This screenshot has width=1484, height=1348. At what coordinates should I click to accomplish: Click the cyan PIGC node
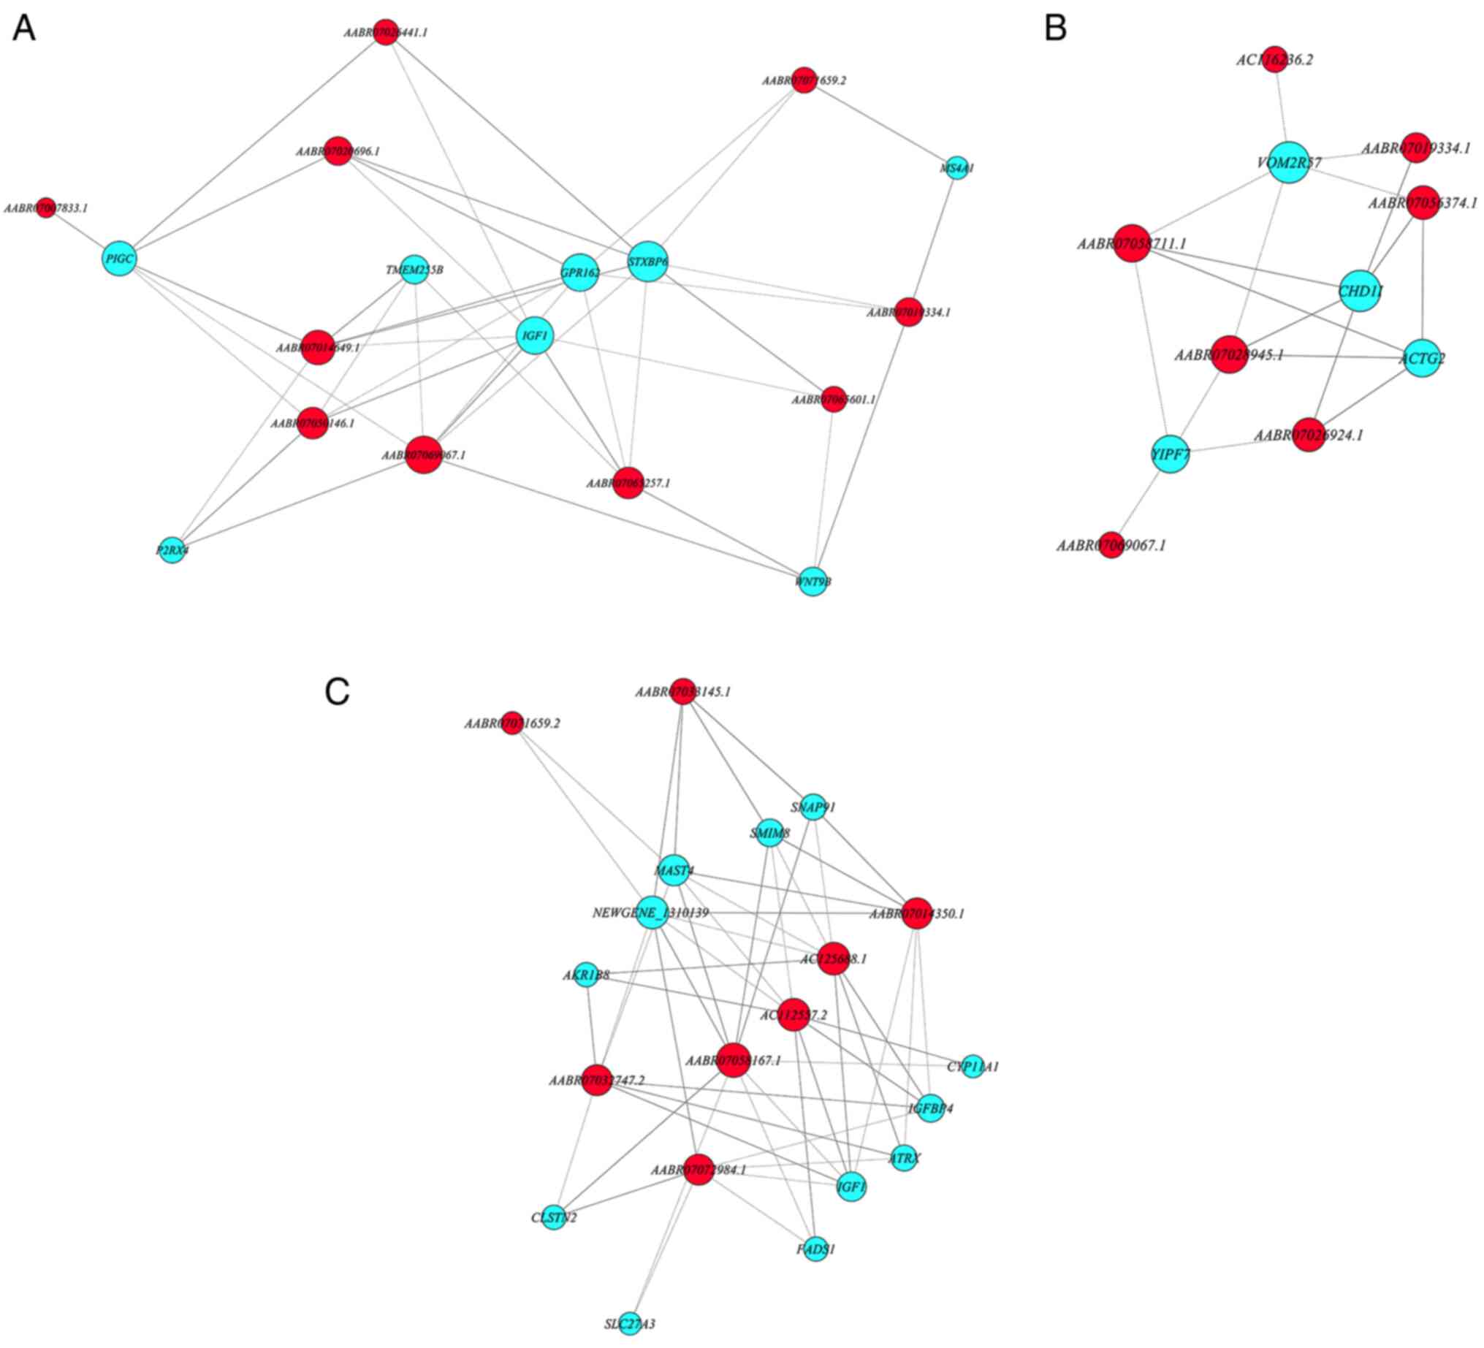pyautogui.click(x=119, y=259)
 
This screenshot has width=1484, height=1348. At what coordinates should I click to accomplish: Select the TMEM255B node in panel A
pyautogui.click(x=414, y=270)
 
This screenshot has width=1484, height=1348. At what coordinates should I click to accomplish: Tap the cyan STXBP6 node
pyautogui.click(x=648, y=262)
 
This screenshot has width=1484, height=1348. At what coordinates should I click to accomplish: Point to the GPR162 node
pyautogui.click(x=580, y=273)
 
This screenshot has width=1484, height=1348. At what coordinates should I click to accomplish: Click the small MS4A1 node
pyautogui.click(x=956, y=168)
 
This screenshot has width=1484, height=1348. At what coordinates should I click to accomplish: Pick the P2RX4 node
pyautogui.click(x=172, y=549)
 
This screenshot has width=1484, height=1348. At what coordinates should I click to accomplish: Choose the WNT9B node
pyautogui.click(x=813, y=582)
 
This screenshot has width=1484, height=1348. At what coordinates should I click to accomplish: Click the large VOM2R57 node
pyautogui.click(x=1289, y=162)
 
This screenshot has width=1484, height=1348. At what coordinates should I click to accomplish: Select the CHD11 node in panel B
pyautogui.click(x=1360, y=292)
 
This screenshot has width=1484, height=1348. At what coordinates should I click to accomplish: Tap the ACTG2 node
pyautogui.click(x=1422, y=359)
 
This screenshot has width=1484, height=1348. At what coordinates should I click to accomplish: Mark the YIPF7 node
pyautogui.click(x=1171, y=454)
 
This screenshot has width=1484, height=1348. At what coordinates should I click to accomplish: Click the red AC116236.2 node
pyautogui.click(x=1274, y=60)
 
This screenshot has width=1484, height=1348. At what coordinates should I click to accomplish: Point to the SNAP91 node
pyautogui.click(x=813, y=807)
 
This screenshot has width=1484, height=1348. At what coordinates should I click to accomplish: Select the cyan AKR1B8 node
pyautogui.click(x=586, y=975)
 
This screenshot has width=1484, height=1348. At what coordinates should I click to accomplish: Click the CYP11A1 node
pyautogui.click(x=973, y=1066)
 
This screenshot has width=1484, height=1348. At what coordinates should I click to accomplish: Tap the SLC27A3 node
pyautogui.click(x=629, y=1324)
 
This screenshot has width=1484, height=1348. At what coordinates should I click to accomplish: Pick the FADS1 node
pyautogui.click(x=815, y=1249)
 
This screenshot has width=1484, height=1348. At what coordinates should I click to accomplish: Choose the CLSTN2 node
pyautogui.click(x=554, y=1218)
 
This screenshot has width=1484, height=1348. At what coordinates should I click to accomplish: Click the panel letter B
pyautogui.click(x=1056, y=28)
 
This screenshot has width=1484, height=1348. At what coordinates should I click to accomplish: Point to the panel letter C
pyautogui.click(x=336, y=690)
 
